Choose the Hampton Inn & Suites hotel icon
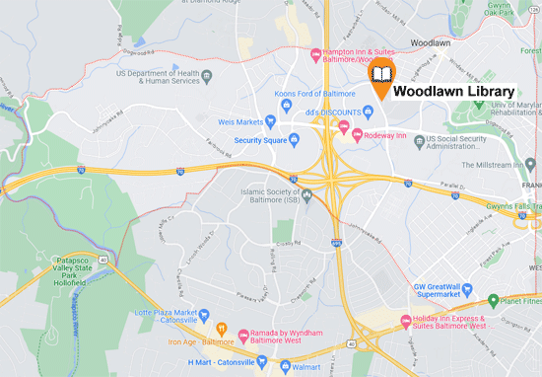tap(314, 53)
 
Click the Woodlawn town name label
tap(431, 44)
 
